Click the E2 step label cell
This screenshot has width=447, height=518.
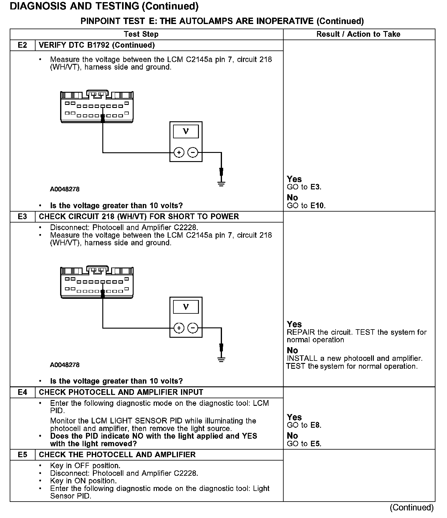pyautogui.click(x=22, y=45)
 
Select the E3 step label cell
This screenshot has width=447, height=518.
pyautogui.click(x=22, y=216)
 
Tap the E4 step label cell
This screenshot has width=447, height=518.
pyautogui.click(x=22, y=392)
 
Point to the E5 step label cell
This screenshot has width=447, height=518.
pyautogui.click(x=22, y=454)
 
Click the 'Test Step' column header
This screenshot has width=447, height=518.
pyautogui.click(x=141, y=34)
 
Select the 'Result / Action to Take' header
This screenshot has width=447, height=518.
pyautogui.click(x=358, y=34)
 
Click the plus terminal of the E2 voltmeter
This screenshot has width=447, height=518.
pyautogui.click(x=179, y=152)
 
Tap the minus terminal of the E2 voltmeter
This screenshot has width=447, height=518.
pyautogui.click(x=193, y=152)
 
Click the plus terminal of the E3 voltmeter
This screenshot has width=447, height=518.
pyautogui.click(x=179, y=328)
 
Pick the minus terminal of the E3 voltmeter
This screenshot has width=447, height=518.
pyautogui.click(x=193, y=328)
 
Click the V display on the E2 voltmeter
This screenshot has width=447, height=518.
pyautogui.click(x=186, y=132)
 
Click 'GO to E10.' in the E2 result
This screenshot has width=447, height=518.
pyautogui.click(x=306, y=206)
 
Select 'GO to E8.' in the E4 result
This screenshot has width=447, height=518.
pyautogui.click(x=304, y=425)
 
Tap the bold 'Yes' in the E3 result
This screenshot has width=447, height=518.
pyautogui.click(x=294, y=324)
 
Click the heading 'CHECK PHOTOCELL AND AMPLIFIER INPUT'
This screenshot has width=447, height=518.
pyautogui.click(x=121, y=392)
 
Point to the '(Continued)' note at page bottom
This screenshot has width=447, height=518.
pyautogui.click(x=412, y=507)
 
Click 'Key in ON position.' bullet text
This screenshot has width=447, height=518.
pyautogui.click(x=83, y=481)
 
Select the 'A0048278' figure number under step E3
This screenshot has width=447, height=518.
pyautogui.click(x=65, y=365)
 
